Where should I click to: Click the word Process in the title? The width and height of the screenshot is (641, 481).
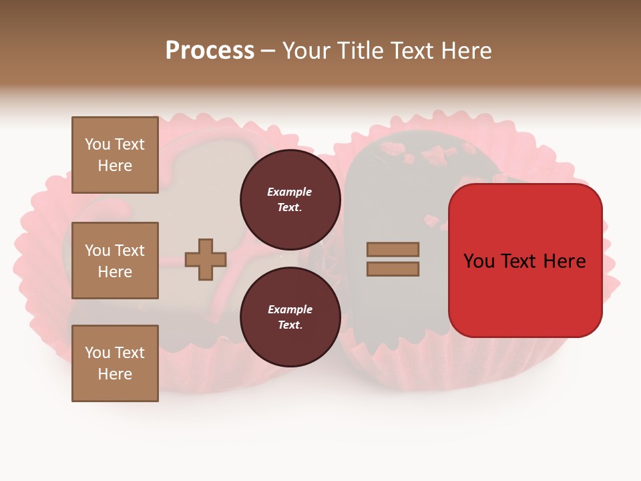tap(210, 50)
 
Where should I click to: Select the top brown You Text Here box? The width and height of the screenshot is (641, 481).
tap(115, 155)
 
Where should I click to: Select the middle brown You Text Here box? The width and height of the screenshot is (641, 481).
tap(115, 261)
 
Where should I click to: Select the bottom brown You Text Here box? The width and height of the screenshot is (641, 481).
tap(115, 363)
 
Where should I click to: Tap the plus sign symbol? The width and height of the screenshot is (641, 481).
tap(206, 259)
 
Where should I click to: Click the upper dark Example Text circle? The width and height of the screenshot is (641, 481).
tap(290, 199)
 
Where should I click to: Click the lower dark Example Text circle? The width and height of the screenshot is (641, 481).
tap(290, 317)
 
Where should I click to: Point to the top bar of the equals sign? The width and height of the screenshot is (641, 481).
tap(393, 250)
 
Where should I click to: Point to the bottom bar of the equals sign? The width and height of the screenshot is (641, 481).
tap(393, 269)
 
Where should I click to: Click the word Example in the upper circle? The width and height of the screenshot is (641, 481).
tap(289, 192)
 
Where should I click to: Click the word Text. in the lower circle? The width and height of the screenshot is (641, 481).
tap(290, 325)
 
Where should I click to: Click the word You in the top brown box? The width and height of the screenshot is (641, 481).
tap(97, 144)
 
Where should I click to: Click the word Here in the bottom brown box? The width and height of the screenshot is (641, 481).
tap(115, 374)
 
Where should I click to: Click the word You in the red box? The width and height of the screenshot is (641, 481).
tap(479, 261)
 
